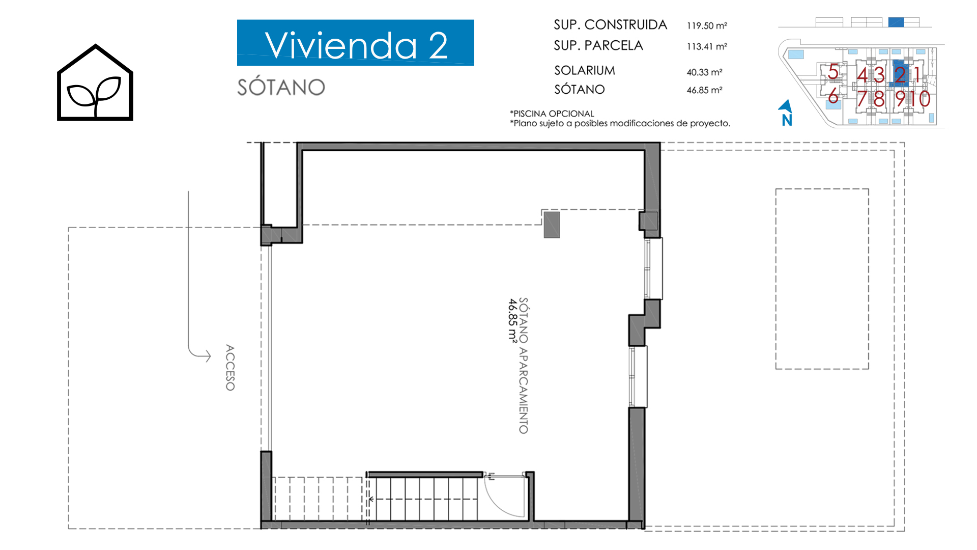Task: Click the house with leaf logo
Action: [x=95, y=82]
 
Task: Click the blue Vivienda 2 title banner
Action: [x=356, y=43]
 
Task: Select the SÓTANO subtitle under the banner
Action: [x=281, y=87]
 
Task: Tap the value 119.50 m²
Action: [x=707, y=25]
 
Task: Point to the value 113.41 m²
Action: [x=707, y=46]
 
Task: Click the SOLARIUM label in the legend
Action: [x=585, y=70]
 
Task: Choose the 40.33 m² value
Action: [x=704, y=72]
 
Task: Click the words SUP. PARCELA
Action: [x=598, y=45]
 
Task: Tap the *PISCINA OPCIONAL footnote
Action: [x=552, y=114]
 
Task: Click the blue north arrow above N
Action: [x=786, y=105]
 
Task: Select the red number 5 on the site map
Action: [x=833, y=72]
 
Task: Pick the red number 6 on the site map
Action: [x=833, y=96]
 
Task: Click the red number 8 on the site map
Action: [x=879, y=99]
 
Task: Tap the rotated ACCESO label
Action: [x=230, y=368]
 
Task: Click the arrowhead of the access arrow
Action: [x=208, y=355]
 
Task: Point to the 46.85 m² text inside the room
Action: [x=512, y=320]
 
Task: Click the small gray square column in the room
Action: [x=552, y=225]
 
